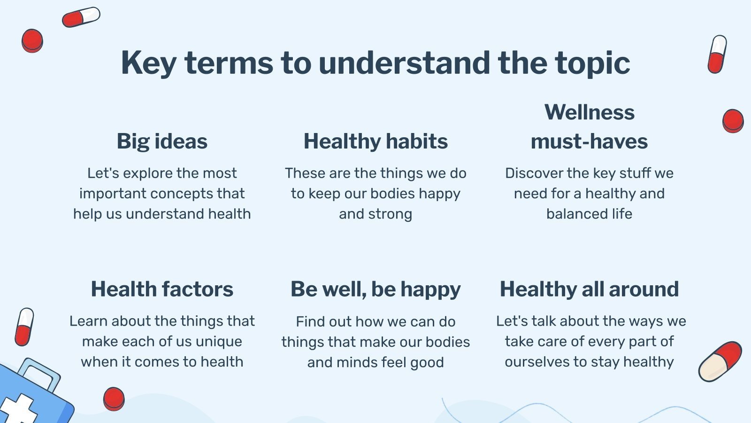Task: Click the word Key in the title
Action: (148, 63)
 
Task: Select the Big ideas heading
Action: (162, 141)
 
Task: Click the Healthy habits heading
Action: (375, 141)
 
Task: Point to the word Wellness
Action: (590, 112)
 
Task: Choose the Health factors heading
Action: (162, 289)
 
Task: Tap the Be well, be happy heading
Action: (375, 290)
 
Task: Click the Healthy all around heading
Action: (590, 290)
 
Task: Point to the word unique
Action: (219, 342)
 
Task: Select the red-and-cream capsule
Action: (720, 361)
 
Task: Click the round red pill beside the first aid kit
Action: (114, 399)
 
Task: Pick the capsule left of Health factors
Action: (24, 327)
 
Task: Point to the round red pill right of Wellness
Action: (733, 121)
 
